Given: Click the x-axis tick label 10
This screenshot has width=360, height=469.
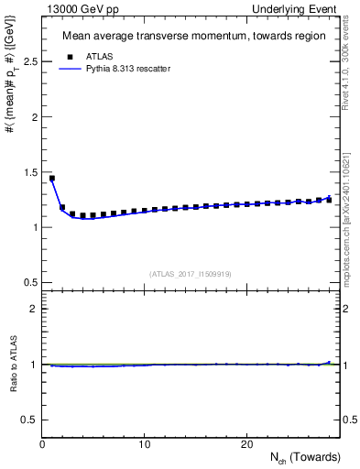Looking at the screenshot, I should pos(144,444).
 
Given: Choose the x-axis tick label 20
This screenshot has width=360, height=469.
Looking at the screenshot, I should pos(245,444).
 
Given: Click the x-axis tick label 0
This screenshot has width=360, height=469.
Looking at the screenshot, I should pos(42,444).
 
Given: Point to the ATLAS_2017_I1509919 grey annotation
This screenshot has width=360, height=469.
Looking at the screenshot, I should pos(191,274).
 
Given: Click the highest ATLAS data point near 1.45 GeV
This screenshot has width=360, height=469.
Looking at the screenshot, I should pos(52,178).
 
